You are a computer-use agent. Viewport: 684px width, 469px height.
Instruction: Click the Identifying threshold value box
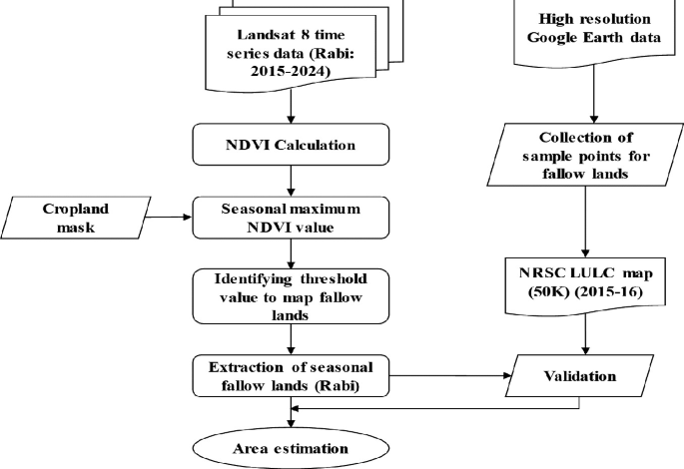[x=289, y=294]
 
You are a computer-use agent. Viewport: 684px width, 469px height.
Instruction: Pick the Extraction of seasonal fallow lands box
[x=289, y=377]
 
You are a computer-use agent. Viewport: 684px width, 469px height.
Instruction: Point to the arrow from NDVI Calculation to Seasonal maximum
[x=289, y=180]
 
